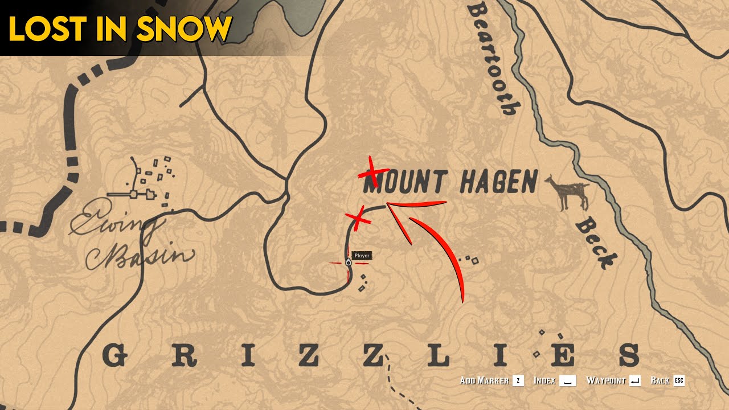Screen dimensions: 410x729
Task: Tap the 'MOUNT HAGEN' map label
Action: click(450, 182)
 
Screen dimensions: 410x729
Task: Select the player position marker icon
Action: click(348, 263)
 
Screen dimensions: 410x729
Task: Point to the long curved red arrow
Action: click(444, 251)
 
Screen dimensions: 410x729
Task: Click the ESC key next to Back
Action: click(679, 380)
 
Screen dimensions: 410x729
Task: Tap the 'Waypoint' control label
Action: click(607, 380)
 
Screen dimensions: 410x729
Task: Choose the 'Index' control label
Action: click(544, 380)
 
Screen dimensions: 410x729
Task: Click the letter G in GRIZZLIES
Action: click(114, 356)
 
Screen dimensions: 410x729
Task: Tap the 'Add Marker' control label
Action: click(484, 380)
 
